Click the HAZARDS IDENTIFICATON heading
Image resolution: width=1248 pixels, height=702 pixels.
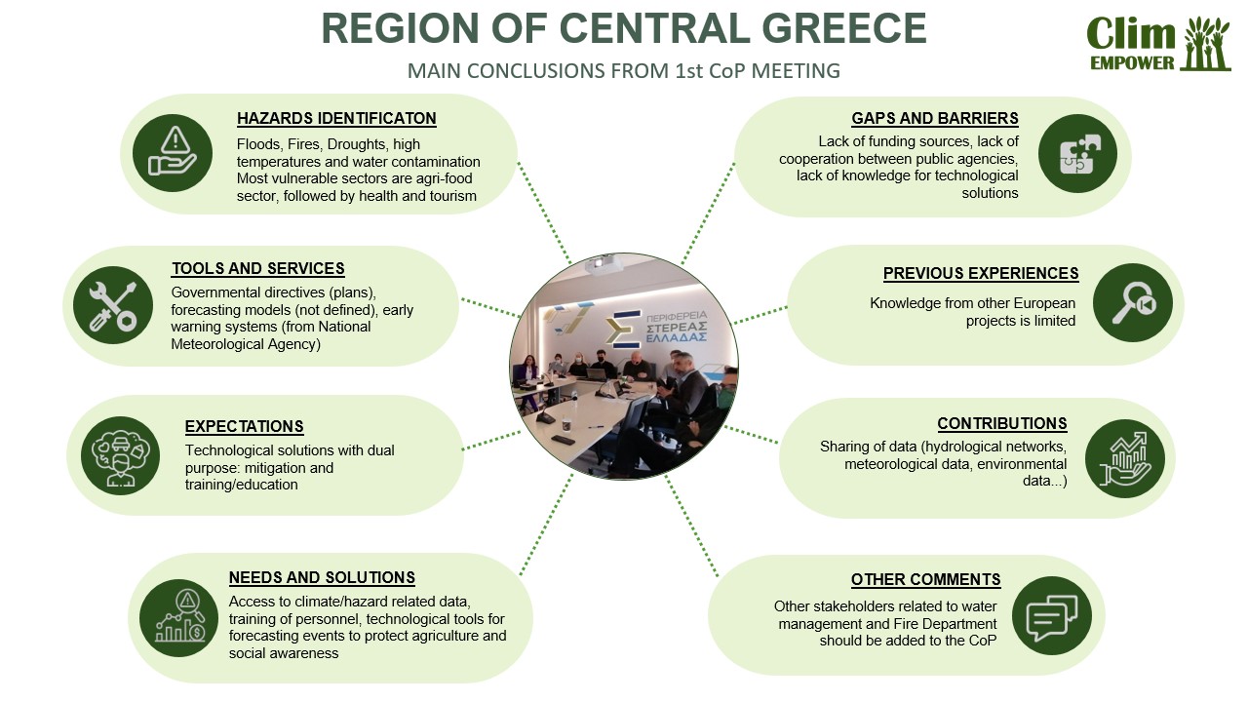coord(336,119)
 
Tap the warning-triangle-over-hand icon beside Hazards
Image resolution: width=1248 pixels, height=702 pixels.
coord(173,150)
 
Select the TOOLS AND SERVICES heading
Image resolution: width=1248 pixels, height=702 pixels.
coord(257,269)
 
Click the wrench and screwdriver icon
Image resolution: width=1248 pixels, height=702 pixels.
coord(112,305)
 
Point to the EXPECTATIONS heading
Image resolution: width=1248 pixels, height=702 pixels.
coord(244,427)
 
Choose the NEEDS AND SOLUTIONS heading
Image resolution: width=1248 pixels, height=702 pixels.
coord(322,578)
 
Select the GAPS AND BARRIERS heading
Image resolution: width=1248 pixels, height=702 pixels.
coord(935,119)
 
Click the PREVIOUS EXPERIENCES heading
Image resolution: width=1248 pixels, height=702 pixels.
coord(981,274)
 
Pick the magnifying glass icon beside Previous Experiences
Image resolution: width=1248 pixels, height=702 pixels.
coord(1131,303)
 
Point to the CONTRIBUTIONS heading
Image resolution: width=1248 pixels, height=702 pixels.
coord(1002,424)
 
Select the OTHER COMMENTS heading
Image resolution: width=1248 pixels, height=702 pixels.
coord(925,580)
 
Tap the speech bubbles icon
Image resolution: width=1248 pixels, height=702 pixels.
coord(1051,616)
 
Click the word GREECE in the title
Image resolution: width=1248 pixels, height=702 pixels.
coord(831,28)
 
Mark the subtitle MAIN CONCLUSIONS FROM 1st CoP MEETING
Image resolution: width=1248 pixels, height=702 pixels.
coord(623,71)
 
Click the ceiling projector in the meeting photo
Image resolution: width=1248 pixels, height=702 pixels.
coord(604,265)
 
